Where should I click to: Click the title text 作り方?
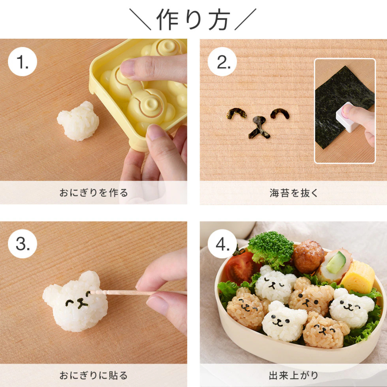coord(193,19)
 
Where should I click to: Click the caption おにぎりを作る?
coord(94,193)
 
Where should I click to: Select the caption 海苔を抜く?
coord(293,193)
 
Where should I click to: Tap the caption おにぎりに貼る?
coord(94,375)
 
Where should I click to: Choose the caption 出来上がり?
coord(293,375)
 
